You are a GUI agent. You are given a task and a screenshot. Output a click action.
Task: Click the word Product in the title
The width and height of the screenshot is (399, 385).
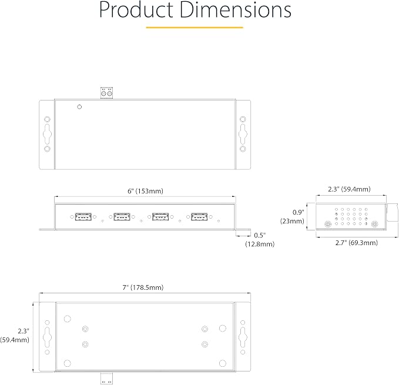tap(136, 9)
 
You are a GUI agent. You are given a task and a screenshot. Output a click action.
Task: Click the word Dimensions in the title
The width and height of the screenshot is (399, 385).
tap(236, 9)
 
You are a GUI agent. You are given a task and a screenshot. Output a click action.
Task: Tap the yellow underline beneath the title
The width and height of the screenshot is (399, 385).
tap(195, 27)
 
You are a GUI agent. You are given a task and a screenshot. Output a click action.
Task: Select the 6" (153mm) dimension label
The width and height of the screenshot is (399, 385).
tap(145, 191)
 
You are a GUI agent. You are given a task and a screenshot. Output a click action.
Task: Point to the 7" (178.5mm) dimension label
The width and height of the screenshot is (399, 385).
tap(143, 287)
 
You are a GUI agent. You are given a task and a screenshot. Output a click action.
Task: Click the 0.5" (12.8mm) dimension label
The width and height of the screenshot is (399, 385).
tap(260, 240)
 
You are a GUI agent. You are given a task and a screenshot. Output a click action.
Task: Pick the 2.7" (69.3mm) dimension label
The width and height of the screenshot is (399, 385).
tap(356, 243)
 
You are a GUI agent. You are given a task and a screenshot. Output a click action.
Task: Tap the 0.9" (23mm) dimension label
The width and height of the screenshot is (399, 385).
tap(293, 216)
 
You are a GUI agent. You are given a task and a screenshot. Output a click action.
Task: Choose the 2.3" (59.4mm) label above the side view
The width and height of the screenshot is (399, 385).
tap(349, 189)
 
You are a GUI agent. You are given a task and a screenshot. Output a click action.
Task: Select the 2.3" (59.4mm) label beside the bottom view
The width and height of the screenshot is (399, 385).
tap(15, 336)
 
